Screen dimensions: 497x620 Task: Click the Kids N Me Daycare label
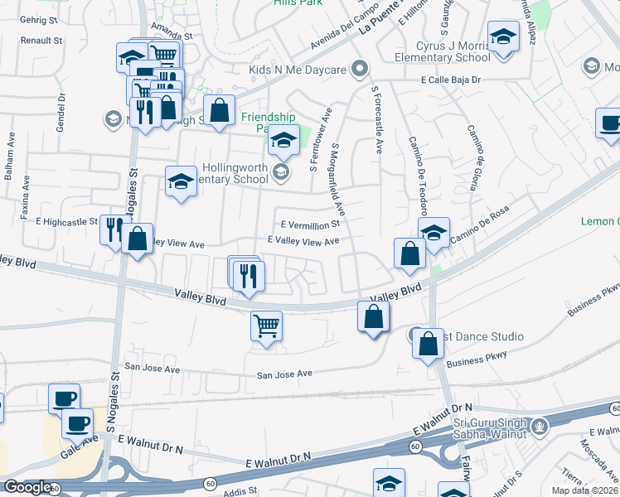[x=297, y=70]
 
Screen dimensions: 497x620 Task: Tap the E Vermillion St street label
[x=311, y=224]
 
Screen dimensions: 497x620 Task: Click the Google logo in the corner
[x=27, y=488]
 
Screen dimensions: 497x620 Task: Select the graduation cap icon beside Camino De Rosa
[x=433, y=231]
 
